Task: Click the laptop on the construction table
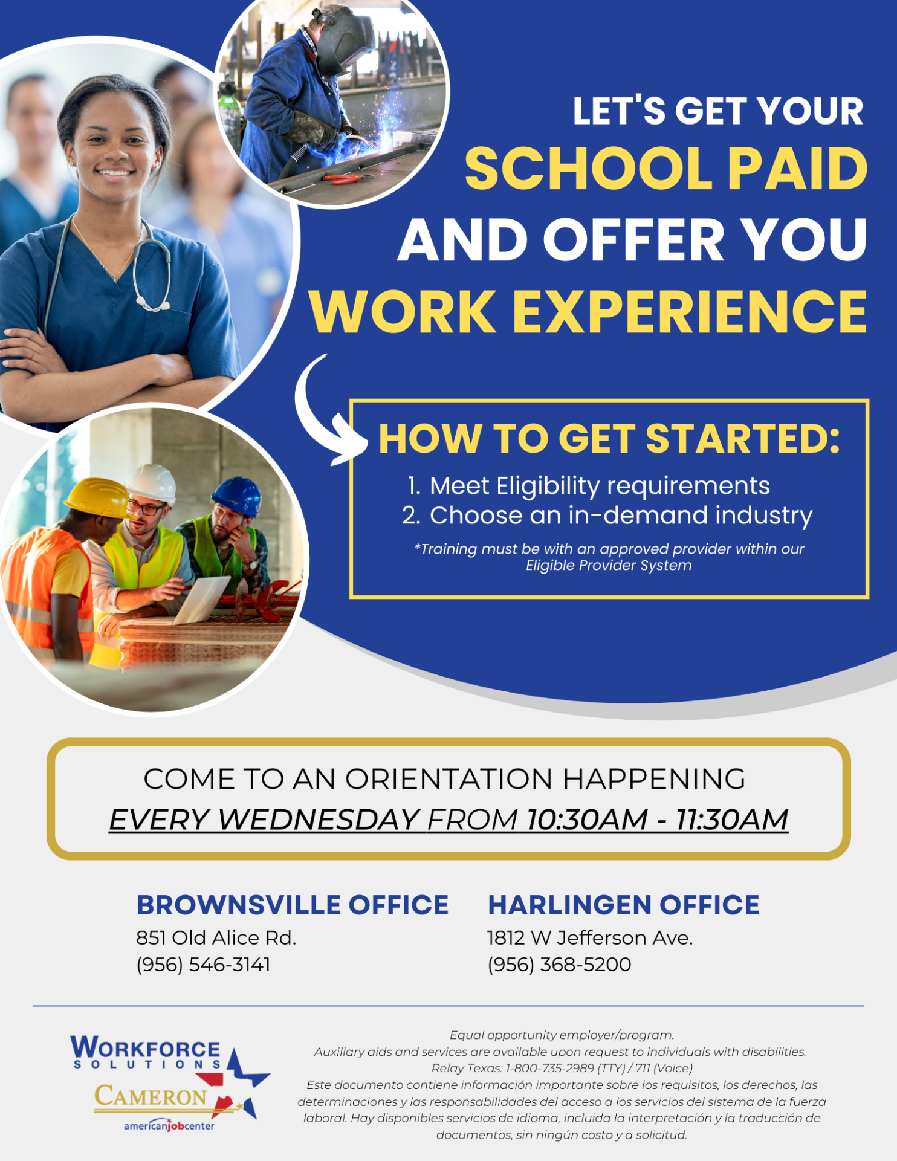pos(202,598)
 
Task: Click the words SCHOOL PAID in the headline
pos(665,170)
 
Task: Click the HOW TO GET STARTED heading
pos(609,439)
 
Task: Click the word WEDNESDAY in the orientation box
pos(319,820)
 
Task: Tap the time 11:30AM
pos(731,820)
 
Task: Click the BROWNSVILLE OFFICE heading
pos(293,905)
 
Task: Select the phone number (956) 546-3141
pos(203,965)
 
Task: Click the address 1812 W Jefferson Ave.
pos(590,938)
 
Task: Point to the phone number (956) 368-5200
pos(559,965)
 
